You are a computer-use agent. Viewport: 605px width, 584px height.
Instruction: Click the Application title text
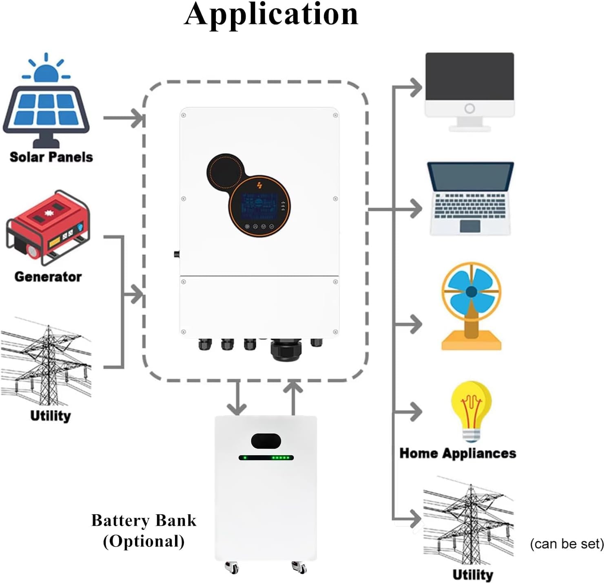pyautogui.click(x=271, y=15)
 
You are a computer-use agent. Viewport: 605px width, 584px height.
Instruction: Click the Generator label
pyautogui.click(x=48, y=277)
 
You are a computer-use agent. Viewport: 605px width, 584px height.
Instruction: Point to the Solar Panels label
pyautogui.click(x=51, y=157)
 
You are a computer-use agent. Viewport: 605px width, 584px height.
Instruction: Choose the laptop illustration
pyautogui.click(x=470, y=198)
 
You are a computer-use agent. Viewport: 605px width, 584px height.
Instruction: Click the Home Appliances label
pyautogui.click(x=458, y=453)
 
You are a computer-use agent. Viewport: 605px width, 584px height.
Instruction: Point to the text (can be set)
pyautogui.click(x=567, y=544)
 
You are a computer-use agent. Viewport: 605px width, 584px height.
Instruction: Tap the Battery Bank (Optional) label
pyautogui.click(x=144, y=531)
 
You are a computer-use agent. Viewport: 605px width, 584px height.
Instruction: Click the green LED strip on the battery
pyautogui.click(x=266, y=458)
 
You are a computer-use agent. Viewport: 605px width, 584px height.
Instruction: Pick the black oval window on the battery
pyautogui.click(x=266, y=441)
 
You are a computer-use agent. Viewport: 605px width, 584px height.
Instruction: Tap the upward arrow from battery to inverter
pyautogui.click(x=293, y=397)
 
